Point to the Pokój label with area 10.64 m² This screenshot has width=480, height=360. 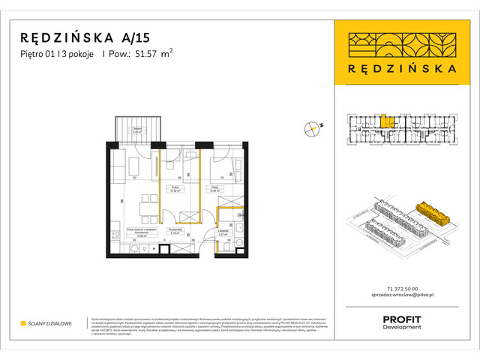pyautogui.click(x=215, y=189)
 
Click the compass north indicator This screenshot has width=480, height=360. pyautogui.click(x=313, y=128)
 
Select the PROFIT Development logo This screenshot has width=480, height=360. pyautogui.click(x=401, y=322)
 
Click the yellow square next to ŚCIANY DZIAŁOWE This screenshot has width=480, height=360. pyautogui.click(x=24, y=324)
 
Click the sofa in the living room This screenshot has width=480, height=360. pyautogui.click(x=118, y=166)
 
